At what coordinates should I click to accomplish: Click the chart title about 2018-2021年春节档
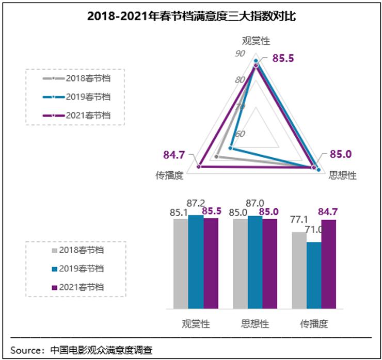[191, 16]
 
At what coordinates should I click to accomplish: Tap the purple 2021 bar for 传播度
[328, 264]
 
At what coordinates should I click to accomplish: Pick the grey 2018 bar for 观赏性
[181, 264]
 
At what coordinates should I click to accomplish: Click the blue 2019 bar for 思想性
[255, 263]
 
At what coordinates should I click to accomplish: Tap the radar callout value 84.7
[174, 154]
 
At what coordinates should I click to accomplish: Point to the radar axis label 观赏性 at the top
[256, 41]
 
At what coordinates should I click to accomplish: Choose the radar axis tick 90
[240, 53]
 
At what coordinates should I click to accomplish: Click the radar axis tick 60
[240, 134]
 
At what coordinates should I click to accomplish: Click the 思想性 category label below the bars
[255, 324]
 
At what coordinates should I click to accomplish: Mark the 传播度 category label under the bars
[314, 324]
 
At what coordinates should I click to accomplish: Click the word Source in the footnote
[27, 350]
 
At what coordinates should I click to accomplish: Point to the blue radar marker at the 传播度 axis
[231, 149]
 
